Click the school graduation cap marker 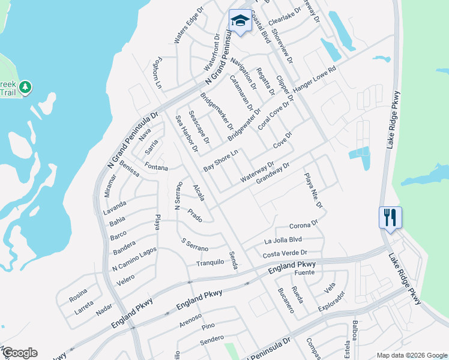click(x=240, y=22)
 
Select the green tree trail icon click(x=25, y=88)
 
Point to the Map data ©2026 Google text click(x=411, y=355)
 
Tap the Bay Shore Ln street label click(x=221, y=160)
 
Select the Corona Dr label click(x=303, y=226)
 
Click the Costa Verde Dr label click(x=285, y=254)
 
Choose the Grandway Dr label click(x=273, y=173)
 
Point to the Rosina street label click(x=77, y=298)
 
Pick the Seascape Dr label click(x=199, y=127)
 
